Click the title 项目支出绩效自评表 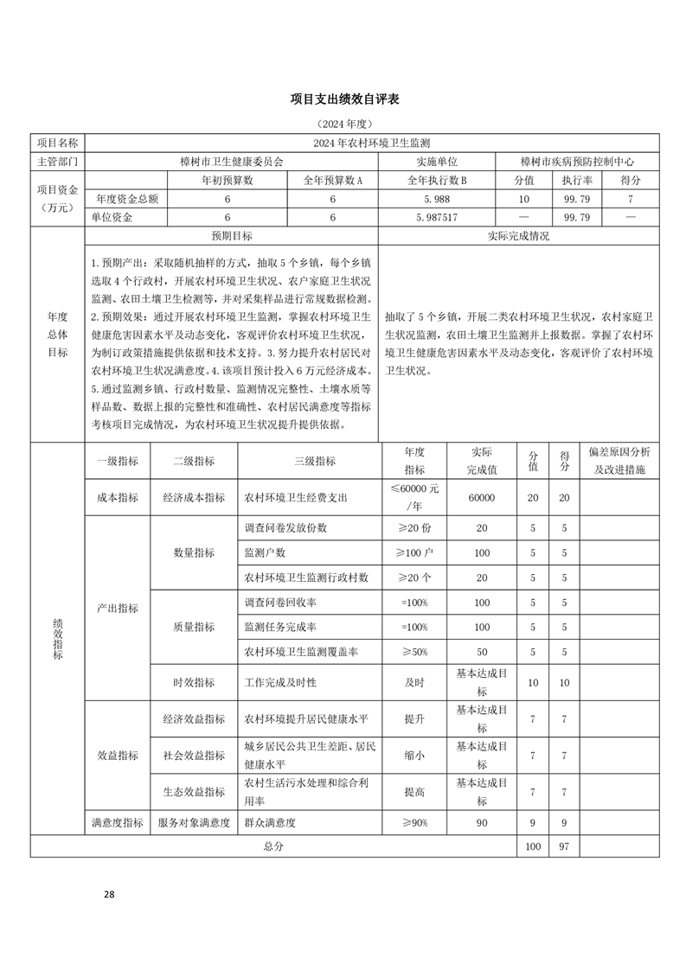[343, 100]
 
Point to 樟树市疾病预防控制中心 [577, 162]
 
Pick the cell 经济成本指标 [193, 497]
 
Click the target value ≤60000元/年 [414, 497]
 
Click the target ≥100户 [414, 552]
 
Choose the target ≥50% [414, 651]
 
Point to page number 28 [109, 894]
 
